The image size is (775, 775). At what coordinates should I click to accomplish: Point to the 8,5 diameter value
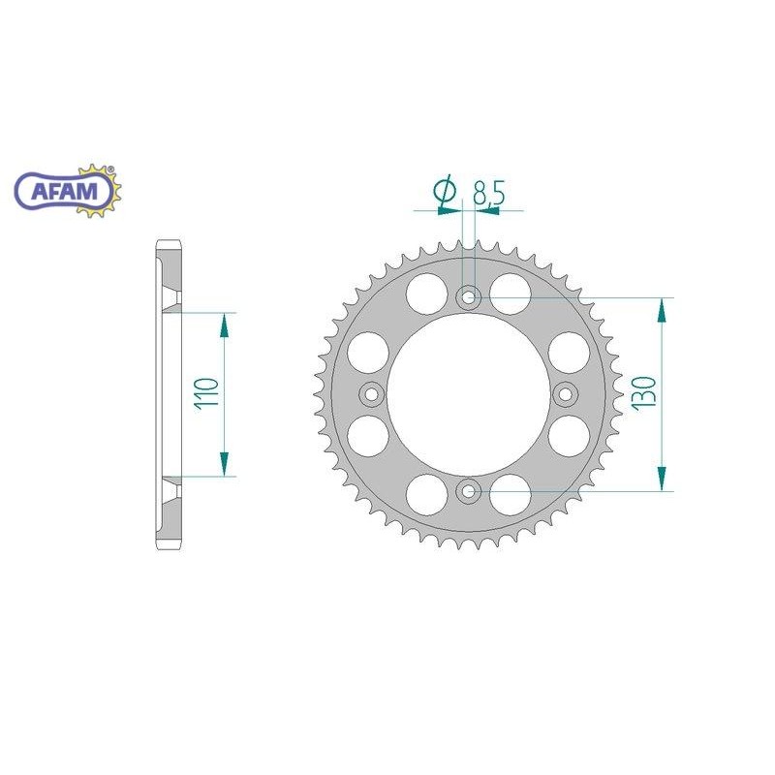coord(488,194)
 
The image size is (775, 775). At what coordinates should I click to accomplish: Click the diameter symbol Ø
coord(447,192)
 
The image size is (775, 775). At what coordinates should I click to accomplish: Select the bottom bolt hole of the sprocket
coord(469,491)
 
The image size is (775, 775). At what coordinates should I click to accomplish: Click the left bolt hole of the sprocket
coord(372,394)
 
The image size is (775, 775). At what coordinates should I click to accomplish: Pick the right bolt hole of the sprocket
coord(566,394)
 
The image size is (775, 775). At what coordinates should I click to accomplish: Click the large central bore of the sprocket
coord(469,394)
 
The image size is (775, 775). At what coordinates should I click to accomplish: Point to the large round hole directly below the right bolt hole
coord(571,435)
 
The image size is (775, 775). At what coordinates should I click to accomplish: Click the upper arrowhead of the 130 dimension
coord(662,310)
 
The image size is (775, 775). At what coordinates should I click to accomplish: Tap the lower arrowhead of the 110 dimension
coord(225,463)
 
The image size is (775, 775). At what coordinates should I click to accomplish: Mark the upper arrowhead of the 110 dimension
coord(225,325)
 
